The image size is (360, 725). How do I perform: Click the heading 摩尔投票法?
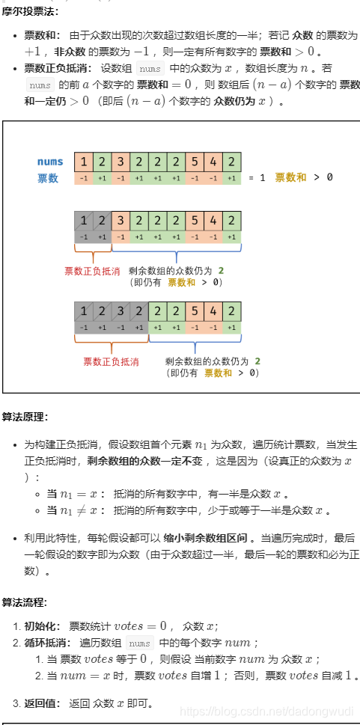28,11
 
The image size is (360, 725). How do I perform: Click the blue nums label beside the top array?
50,162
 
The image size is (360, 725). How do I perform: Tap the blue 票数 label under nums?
48,178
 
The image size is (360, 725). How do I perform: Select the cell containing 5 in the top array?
195,162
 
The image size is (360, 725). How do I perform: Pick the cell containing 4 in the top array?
213,162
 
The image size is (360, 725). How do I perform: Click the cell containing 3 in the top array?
120,162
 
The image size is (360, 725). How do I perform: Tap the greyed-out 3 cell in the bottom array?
120,310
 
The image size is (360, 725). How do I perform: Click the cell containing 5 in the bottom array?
195,310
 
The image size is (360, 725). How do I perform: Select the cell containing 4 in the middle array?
213,221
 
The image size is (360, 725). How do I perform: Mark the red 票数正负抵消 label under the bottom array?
111,361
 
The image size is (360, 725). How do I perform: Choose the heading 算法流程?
24,602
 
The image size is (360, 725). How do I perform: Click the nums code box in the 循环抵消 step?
139,643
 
